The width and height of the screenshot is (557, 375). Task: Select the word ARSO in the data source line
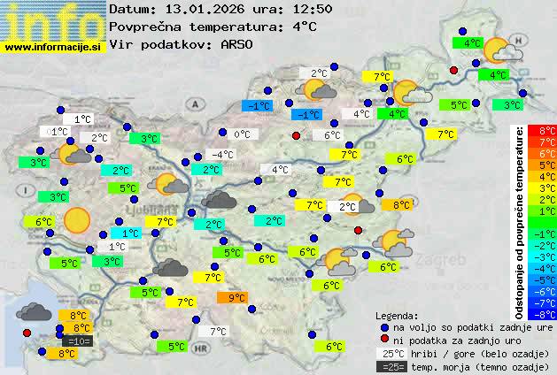pos(239,44)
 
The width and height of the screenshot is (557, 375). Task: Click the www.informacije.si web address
pos(53,47)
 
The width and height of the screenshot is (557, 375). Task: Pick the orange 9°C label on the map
pos(236,298)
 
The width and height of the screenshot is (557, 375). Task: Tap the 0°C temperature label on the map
pos(242,134)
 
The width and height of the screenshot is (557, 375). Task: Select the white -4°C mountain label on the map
pos(221,155)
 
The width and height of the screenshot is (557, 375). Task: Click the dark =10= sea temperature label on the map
pos(77,341)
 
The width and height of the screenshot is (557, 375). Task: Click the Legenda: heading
pos(397,316)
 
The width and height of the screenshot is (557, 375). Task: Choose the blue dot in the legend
pos(383,327)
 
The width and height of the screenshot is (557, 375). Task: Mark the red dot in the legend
pos(383,341)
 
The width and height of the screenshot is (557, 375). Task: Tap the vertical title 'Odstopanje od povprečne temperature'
pos(519,221)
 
